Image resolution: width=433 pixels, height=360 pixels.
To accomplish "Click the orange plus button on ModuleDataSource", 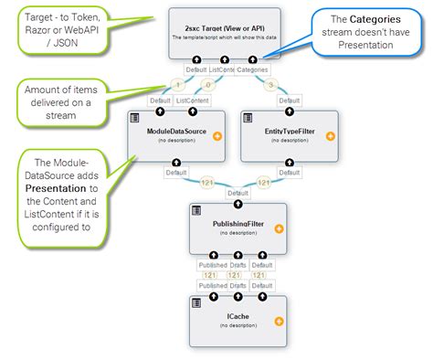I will click(216, 136).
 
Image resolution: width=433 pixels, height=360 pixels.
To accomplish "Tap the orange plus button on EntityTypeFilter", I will click(330, 136).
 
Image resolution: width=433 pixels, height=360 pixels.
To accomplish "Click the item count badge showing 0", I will click(207, 84).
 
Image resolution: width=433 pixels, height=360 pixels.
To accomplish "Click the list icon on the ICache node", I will click(196, 301).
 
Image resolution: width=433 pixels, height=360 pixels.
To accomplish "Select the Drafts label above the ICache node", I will click(238, 285).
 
